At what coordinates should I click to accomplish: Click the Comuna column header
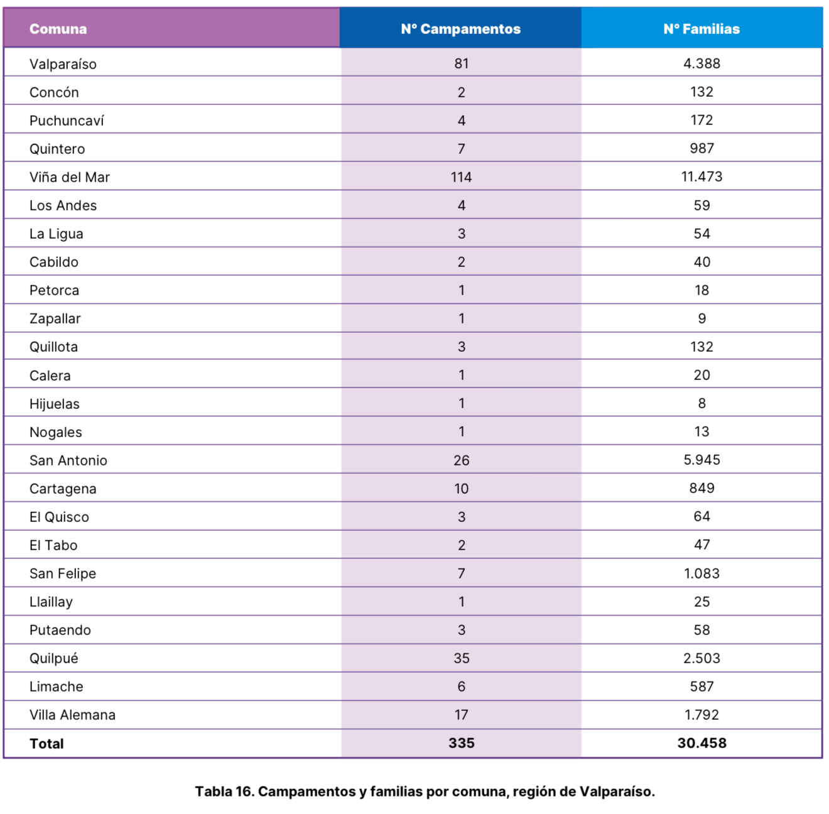pyautogui.click(x=58, y=29)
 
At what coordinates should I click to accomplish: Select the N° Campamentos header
pyautogui.click(x=461, y=29)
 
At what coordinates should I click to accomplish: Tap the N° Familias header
pyautogui.click(x=702, y=29)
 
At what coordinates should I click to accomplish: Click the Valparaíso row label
pyautogui.click(x=63, y=64)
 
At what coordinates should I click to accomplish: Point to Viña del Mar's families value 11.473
pyautogui.click(x=702, y=176)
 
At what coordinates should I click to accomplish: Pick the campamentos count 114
pyautogui.click(x=461, y=177)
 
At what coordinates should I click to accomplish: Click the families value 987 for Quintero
pyautogui.click(x=702, y=148)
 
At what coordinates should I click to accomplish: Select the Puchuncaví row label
pyautogui.click(x=67, y=121)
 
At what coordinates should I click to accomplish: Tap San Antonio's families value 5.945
pyautogui.click(x=702, y=460)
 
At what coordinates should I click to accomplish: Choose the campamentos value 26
pyautogui.click(x=461, y=460)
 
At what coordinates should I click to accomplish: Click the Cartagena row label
pyautogui.click(x=63, y=489)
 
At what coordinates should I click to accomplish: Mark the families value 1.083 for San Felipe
pyautogui.click(x=702, y=573)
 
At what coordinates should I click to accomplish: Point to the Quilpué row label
pyautogui.click(x=54, y=658)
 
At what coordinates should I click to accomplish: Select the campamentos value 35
pyautogui.click(x=461, y=658)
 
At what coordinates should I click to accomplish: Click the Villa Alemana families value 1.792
pyautogui.click(x=702, y=715)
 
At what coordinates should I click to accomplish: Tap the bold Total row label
pyautogui.click(x=46, y=744)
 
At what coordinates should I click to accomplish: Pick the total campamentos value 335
pyautogui.click(x=461, y=743)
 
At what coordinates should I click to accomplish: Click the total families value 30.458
pyautogui.click(x=702, y=743)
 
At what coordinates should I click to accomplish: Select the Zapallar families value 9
pyautogui.click(x=702, y=318)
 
